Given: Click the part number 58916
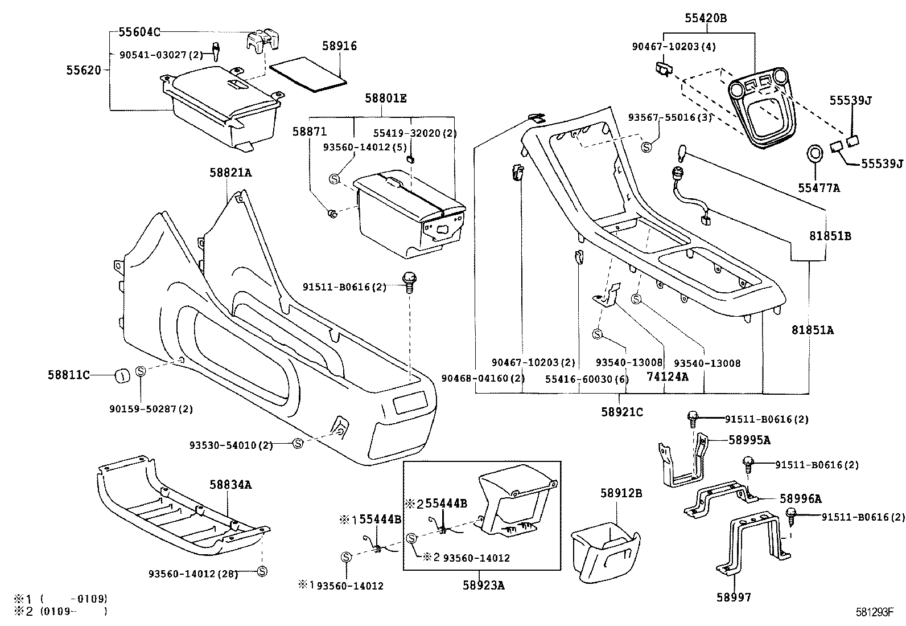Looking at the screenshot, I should [x=339, y=46].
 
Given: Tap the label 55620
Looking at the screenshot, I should [x=84, y=71].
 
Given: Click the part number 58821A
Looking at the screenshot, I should [x=229, y=172].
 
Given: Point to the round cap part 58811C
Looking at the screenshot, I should [x=121, y=375].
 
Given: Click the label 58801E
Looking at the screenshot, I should [x=385, y=98].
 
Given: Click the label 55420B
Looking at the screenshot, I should [x=705, y=18].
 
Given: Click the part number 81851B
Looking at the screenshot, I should [x=830, y=236].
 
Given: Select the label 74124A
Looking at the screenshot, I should [x=667, y=376].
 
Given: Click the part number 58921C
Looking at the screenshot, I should [x=621, y=411].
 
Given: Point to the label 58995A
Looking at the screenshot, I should [x=749, y=440].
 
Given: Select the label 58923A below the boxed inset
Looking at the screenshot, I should [x=483, y=584].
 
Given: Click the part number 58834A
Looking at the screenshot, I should [x=230, y=485].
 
